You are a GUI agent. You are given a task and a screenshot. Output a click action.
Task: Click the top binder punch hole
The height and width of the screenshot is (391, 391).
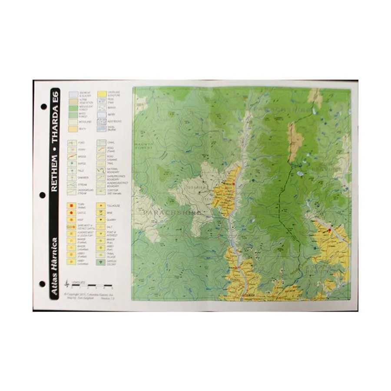pos(43,106)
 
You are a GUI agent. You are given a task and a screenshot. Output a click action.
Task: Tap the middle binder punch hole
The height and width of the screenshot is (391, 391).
pos(43,194)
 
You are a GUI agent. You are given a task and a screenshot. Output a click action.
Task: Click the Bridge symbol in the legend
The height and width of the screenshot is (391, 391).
pos(72,156)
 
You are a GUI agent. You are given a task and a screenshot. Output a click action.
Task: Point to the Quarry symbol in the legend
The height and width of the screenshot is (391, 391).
pos(102,220)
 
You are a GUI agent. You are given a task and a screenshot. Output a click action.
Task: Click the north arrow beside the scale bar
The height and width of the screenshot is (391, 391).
pos(66,283)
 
